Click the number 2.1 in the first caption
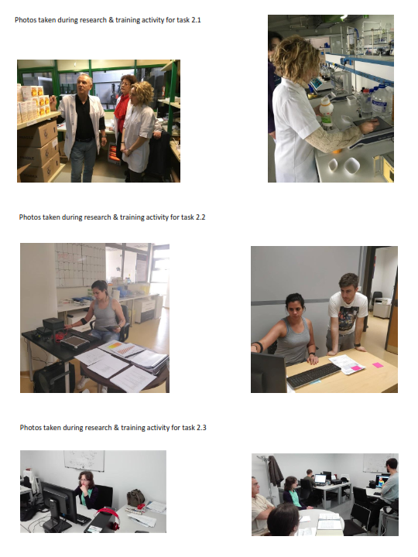[196, 20]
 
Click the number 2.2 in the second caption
[200, 217]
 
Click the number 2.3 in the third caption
[201, 427]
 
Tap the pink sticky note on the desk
[378, 365]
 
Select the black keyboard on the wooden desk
[313, 375]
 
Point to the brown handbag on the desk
[135, 497]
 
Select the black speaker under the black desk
[54, 378]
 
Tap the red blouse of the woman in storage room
[122, 108]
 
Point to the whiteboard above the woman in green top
[84, 461]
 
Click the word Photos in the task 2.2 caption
[30, 217]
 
